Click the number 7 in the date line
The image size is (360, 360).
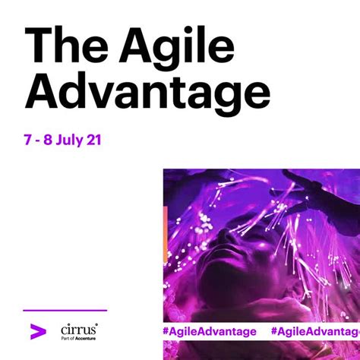[29, 141]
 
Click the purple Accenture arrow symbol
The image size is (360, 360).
[35, 331]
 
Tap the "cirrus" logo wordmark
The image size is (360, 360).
[78, 329]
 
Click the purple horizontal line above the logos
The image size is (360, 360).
[65, 311]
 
